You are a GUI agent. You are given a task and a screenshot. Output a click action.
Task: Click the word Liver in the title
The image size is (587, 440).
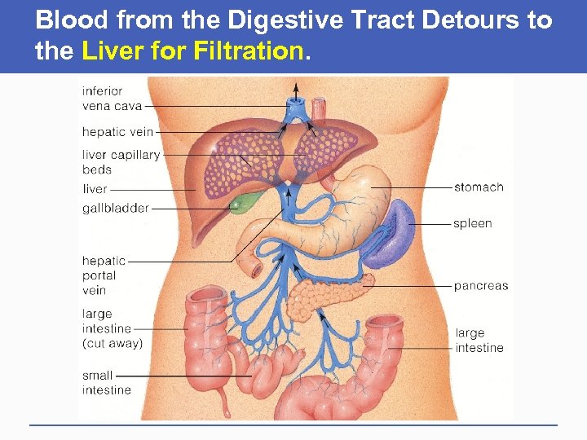[110, 52]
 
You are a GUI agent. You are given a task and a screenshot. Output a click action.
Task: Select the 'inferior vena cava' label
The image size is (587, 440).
[112, 99]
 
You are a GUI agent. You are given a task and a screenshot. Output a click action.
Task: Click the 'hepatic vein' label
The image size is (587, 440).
[117, 132]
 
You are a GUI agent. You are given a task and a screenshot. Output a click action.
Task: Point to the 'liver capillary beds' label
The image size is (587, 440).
[121, 162]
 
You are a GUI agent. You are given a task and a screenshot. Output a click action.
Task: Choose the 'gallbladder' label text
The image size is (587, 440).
[115, 208]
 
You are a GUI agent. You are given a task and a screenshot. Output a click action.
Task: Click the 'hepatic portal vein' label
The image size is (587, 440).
[104, 275]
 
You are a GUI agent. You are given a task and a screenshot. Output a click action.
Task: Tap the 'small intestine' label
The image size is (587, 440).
[106, 383]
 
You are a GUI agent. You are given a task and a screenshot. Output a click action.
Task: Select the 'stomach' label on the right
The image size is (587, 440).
[479, 187]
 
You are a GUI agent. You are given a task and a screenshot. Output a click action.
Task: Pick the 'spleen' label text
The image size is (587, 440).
[472, 223]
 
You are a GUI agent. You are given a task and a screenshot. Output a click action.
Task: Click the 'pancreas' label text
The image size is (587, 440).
[480, 286]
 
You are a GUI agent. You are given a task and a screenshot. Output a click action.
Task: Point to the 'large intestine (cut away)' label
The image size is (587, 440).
[112, 328]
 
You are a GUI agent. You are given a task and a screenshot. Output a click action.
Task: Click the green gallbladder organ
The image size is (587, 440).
[242, 201]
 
